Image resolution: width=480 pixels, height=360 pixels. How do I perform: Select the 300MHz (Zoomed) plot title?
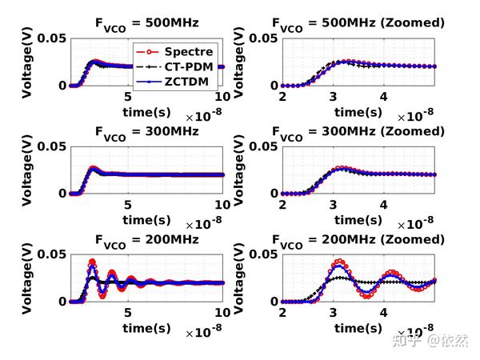[x=357, y=131]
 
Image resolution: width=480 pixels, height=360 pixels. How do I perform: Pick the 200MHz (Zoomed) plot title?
[x=357, y=239]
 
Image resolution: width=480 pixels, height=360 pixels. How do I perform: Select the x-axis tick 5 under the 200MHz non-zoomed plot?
[x=126, y=312]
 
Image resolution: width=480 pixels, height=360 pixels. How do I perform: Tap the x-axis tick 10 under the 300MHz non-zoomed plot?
[x=222, y=204]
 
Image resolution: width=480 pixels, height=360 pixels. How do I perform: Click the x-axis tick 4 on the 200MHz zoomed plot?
[x=384, y=312]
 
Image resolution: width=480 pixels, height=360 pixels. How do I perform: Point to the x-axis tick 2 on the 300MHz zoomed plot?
[x=282, y=204]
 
